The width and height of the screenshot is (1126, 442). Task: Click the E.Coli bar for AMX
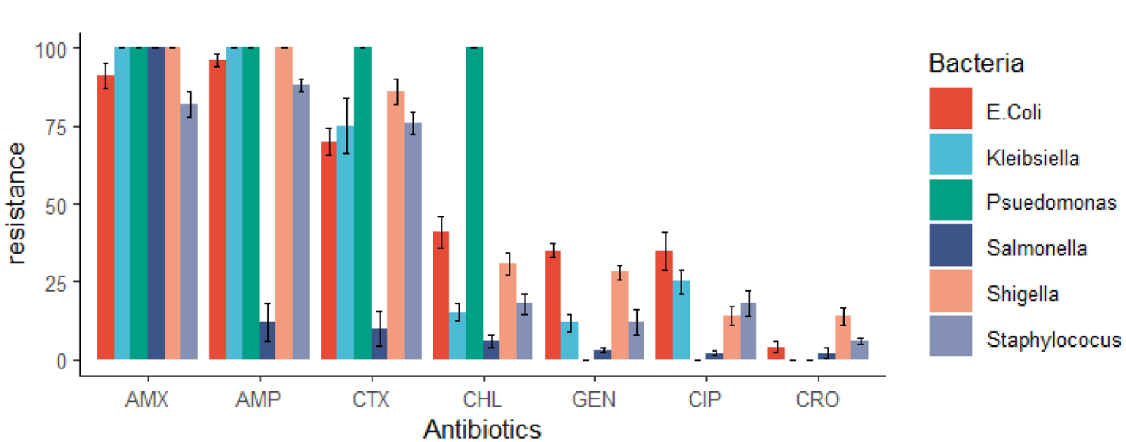point(106,217)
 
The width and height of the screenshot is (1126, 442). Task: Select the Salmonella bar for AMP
point(267,341)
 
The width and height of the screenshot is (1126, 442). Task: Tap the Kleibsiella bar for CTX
point(345,242)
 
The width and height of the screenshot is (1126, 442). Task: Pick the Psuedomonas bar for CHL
point(475,203)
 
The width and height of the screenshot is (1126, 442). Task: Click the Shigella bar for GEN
point(620,315)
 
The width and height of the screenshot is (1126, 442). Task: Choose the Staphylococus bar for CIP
point(748,331)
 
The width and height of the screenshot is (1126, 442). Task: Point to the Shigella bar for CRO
point(843,337)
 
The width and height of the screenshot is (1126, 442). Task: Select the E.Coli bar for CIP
point(664,305)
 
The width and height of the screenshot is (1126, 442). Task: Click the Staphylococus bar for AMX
point(189,232)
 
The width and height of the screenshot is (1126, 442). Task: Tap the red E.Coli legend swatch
point(950,108)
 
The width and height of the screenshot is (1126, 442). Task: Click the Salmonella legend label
point(1037,248)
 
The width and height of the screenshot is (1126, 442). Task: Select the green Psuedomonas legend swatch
point(950,200)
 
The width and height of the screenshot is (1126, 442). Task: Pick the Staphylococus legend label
point(1054,340)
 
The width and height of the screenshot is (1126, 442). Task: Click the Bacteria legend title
point(976,64)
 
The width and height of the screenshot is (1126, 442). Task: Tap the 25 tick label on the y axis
point(55,284)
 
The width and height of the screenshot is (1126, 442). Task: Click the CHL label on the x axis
point(482,399)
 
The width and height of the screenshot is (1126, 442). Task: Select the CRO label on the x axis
point(817,399)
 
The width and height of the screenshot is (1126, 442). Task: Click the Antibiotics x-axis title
point(482,429)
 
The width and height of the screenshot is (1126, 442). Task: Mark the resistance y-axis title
point(16,203)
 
